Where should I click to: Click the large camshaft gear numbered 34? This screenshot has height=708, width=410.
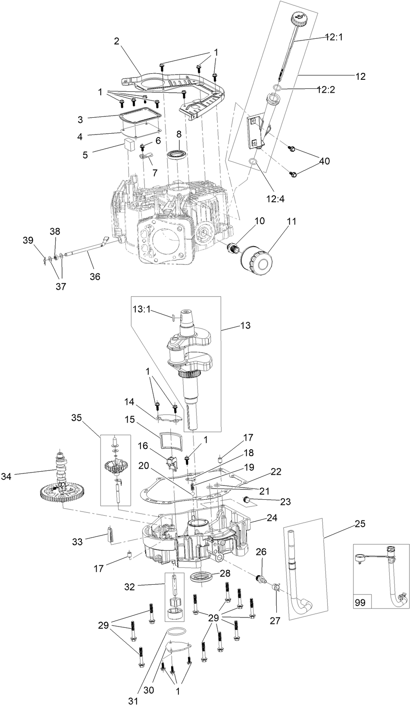coord(64,492)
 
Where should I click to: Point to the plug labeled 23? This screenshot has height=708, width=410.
coord(248,500)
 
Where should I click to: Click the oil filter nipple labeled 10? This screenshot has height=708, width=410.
coord(233,249)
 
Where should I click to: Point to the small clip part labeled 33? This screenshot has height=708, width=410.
coord(110,535)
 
